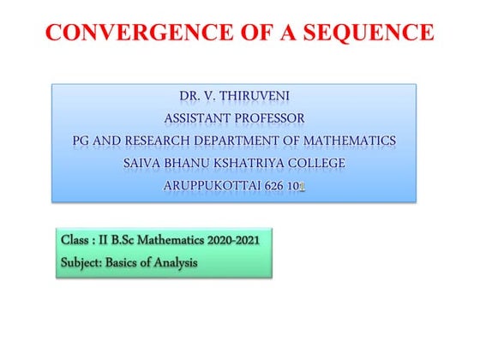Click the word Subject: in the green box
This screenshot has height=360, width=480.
click(82, 261)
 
